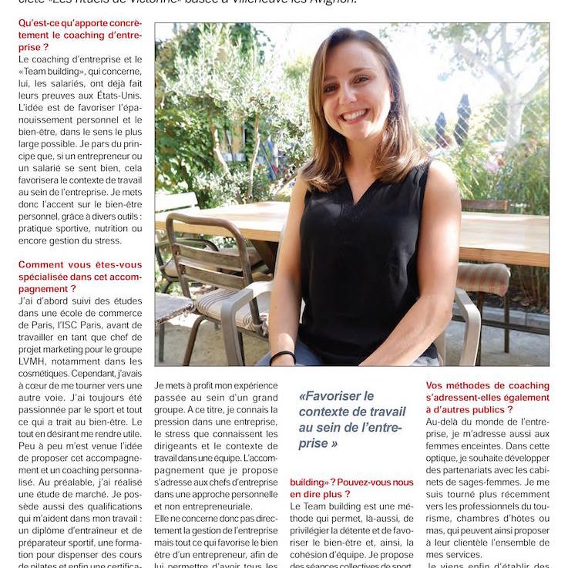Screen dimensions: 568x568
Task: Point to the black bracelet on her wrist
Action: click(x=282, y=356)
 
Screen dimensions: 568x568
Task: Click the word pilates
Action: click(x=36, y=565)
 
